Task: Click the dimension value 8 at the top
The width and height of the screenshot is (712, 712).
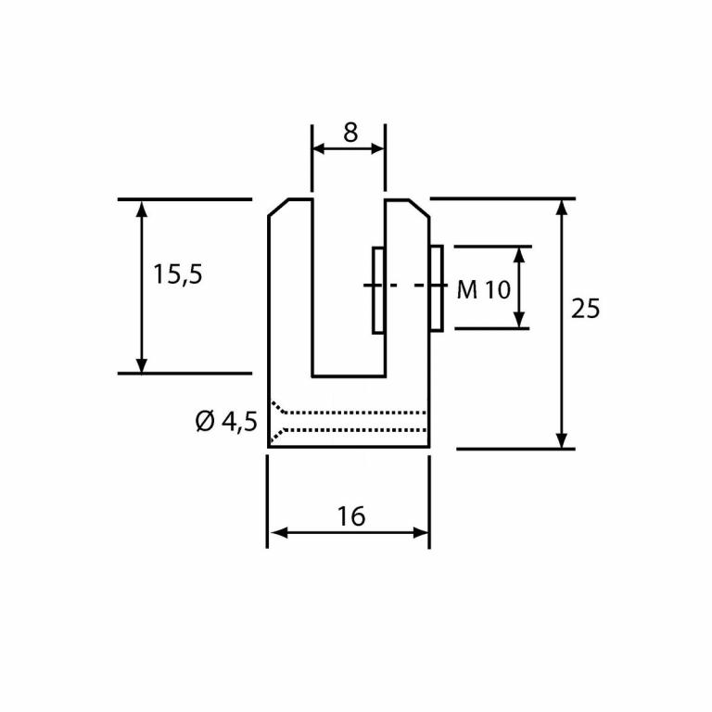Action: [x=350, y=133]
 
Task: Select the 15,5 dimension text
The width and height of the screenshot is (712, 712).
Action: [x=178, y=274]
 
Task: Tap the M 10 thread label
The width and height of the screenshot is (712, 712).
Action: [x=484, y=289]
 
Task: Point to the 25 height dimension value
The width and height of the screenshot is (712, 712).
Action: [x=585, y=309]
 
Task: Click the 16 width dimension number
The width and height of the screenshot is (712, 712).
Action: [x=351, y=516]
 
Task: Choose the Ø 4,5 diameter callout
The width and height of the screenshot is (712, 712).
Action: [x=226, y=422]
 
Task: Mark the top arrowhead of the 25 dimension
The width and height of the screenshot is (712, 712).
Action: [x=561, y=207]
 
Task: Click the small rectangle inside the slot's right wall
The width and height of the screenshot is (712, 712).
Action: [x=378, y=289]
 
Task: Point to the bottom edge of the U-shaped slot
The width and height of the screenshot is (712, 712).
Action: [x=349, y=376]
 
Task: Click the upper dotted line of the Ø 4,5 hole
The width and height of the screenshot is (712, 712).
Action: [x=352, y=412]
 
